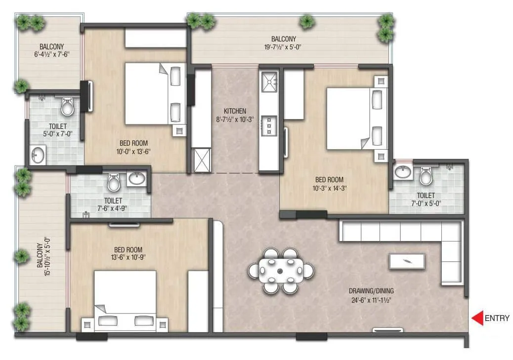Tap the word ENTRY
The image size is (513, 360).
[497, 319]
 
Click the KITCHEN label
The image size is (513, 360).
[234, 111]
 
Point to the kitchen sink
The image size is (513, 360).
[269, 82]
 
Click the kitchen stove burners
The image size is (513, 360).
[269, 125]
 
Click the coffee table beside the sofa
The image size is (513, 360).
[406, 261]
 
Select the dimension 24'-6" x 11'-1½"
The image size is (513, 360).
[374, 299]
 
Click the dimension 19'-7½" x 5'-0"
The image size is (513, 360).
[284, 47]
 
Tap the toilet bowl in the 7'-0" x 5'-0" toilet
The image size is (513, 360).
[426, 175]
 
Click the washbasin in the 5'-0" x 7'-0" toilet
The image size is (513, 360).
[38, 156]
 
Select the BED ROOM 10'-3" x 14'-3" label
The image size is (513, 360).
[329, 184]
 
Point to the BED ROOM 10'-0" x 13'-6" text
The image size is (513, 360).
[133, 148]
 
